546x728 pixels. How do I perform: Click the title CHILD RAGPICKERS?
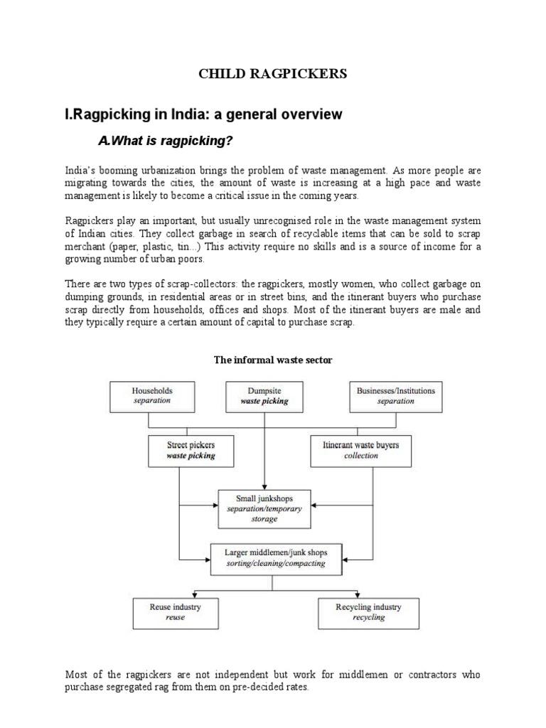tap(272, 74)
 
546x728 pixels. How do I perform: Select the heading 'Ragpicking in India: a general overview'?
tap(203, 114)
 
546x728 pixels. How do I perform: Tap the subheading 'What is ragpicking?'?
tap(165, 141)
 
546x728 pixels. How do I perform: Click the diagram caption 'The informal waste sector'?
tap(273, 360)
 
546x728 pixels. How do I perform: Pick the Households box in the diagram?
tap(152, 395)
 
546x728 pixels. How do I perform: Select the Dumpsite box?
tap(264, 395)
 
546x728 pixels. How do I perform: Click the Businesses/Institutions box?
tap(395, 395)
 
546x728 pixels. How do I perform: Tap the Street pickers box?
tap(191, 451)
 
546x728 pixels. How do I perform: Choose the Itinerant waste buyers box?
tap(360, 451)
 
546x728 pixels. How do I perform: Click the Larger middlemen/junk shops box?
tap(274, 557)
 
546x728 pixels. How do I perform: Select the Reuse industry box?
tap(175, 612)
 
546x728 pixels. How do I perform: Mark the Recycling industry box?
tap(368, 612)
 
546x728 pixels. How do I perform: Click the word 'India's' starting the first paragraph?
tap(80, 171)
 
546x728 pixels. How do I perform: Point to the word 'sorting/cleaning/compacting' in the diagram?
tap(274, 563)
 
